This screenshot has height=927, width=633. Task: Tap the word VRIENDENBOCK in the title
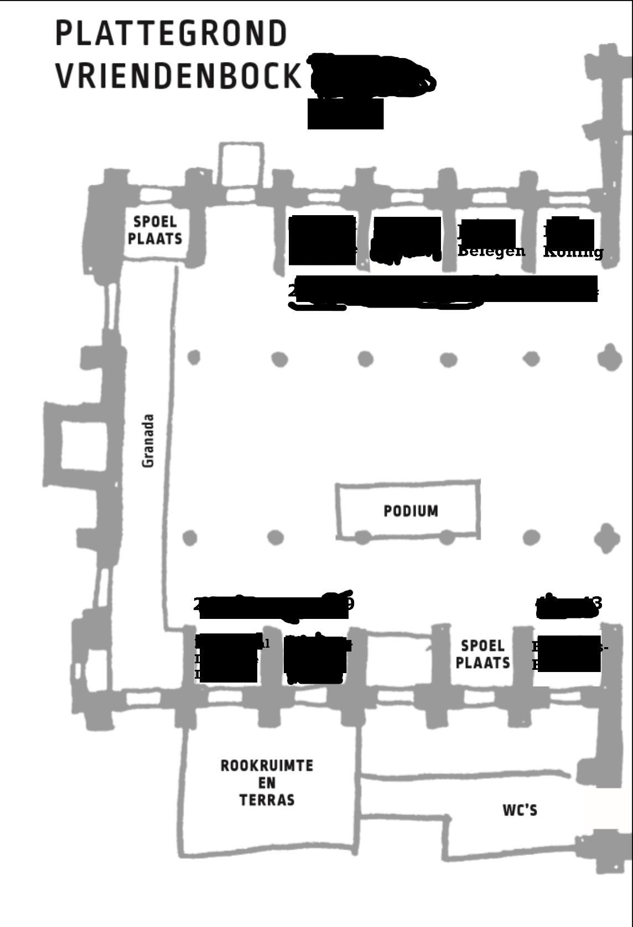(179, 76)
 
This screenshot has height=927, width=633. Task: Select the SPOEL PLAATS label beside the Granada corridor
(155, 230)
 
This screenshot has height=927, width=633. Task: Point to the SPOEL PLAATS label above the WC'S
(482, 654)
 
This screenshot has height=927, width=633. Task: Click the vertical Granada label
(148, 440)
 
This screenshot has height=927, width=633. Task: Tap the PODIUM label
(411, 511)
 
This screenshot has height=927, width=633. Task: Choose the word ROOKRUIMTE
(267, 766)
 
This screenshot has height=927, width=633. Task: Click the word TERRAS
(267, 800)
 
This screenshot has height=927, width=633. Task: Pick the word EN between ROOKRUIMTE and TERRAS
(267, 783)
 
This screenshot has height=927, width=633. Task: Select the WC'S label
(520, 810)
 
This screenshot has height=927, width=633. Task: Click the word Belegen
(491, 252)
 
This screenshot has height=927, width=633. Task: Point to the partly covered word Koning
(573, 252)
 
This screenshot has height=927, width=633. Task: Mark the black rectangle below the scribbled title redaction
(345, 114)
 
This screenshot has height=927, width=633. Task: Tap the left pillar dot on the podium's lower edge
(362, 537)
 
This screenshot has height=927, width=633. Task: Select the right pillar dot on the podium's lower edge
(447, 537)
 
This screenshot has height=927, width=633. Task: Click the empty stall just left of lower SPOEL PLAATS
(398, 658)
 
